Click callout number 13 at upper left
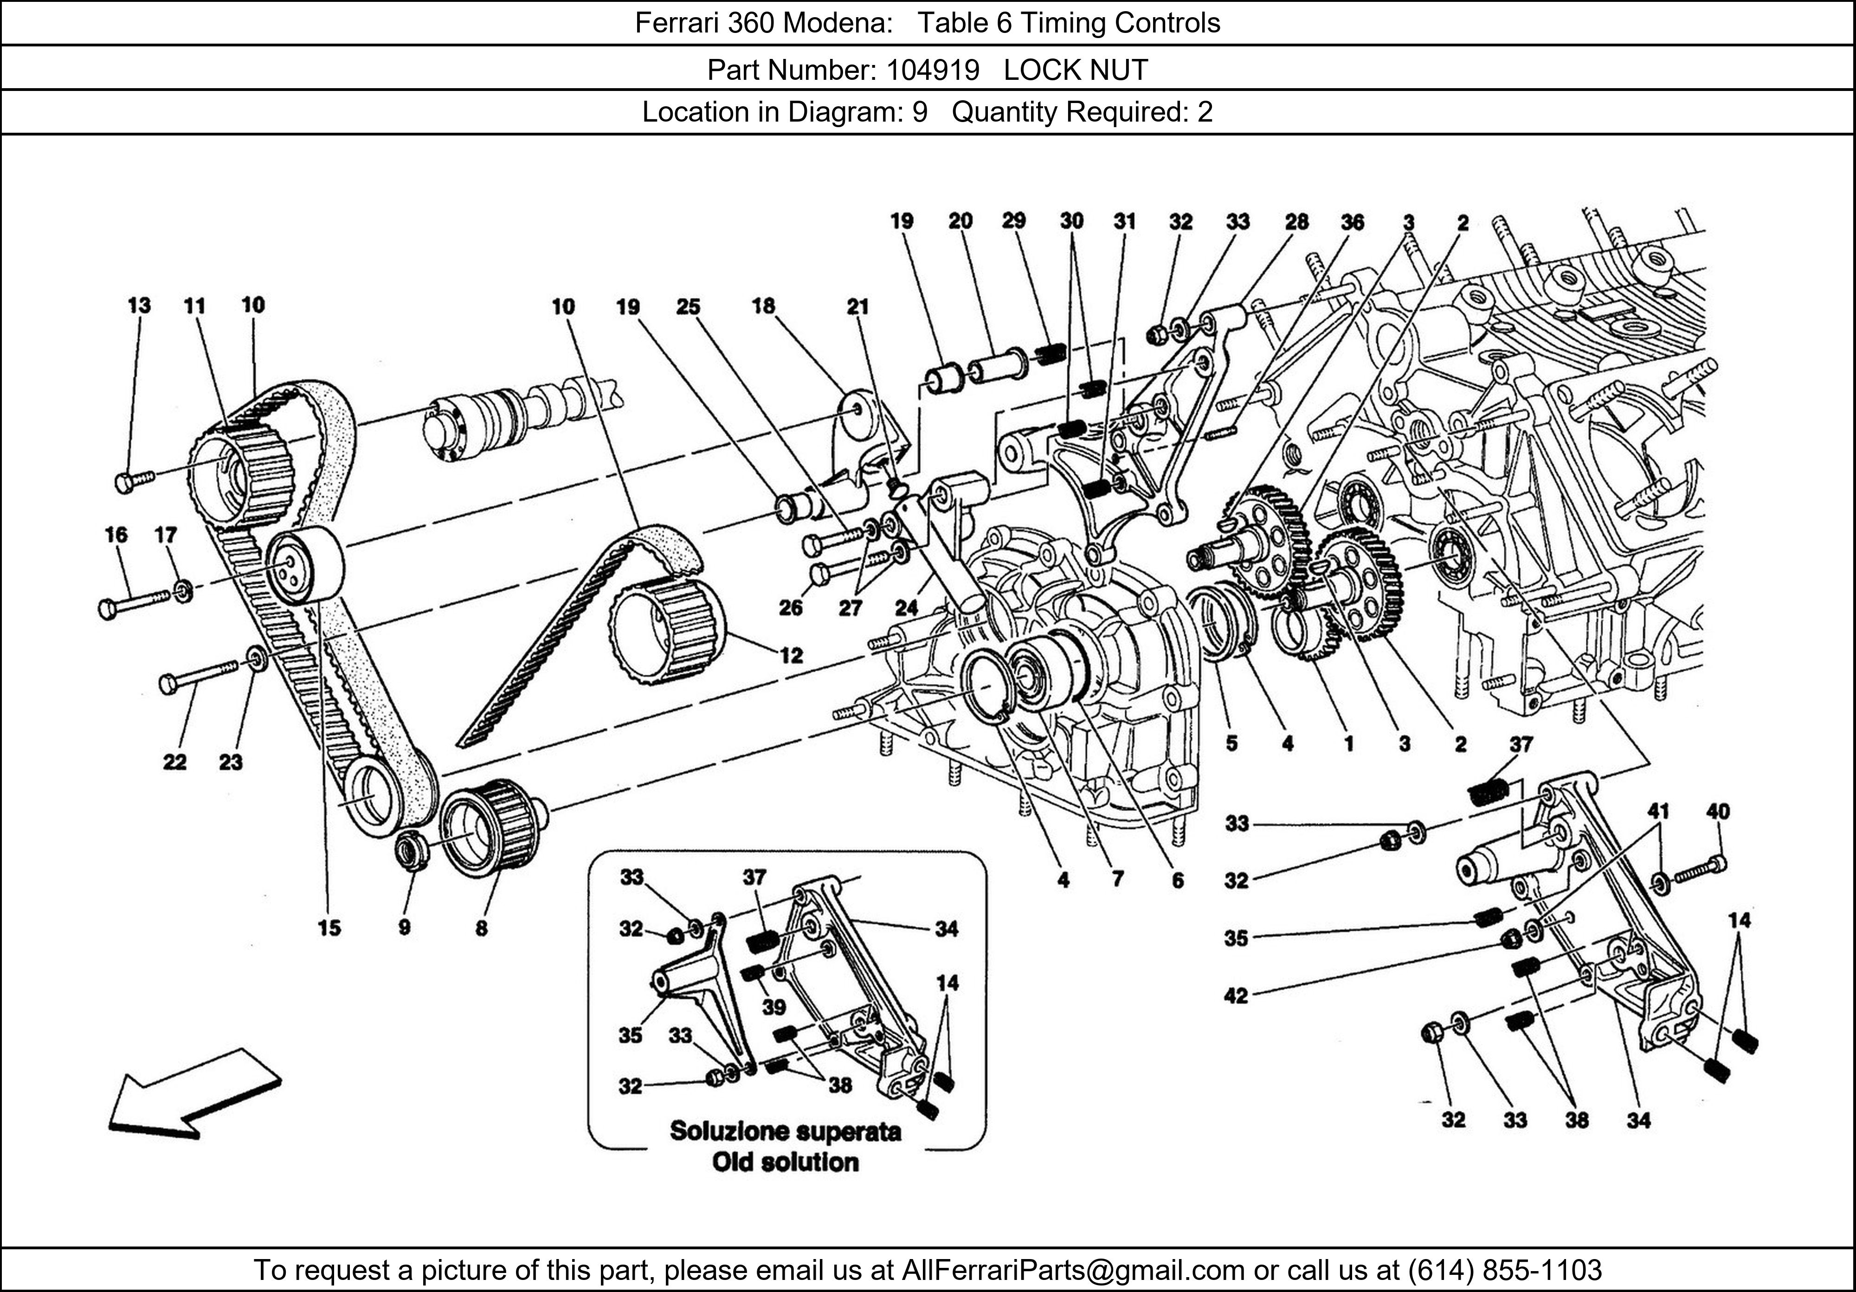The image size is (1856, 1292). [x=139, y=306]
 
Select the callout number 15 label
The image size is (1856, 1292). [x=329, y=928]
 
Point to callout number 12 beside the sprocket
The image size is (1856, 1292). [x=792, y=656]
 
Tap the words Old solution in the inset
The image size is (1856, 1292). [x=785, y=1163]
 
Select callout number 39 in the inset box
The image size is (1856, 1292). [x=773, y=1007]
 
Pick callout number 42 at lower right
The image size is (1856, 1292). [x=1236, y=996]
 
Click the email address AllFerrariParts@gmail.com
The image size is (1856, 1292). [x=1073, y=1270]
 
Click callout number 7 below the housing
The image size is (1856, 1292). [x=1118, y=879]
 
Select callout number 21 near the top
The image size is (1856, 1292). [x=857, y=306]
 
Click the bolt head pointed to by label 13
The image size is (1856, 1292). [x=124, y=484]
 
